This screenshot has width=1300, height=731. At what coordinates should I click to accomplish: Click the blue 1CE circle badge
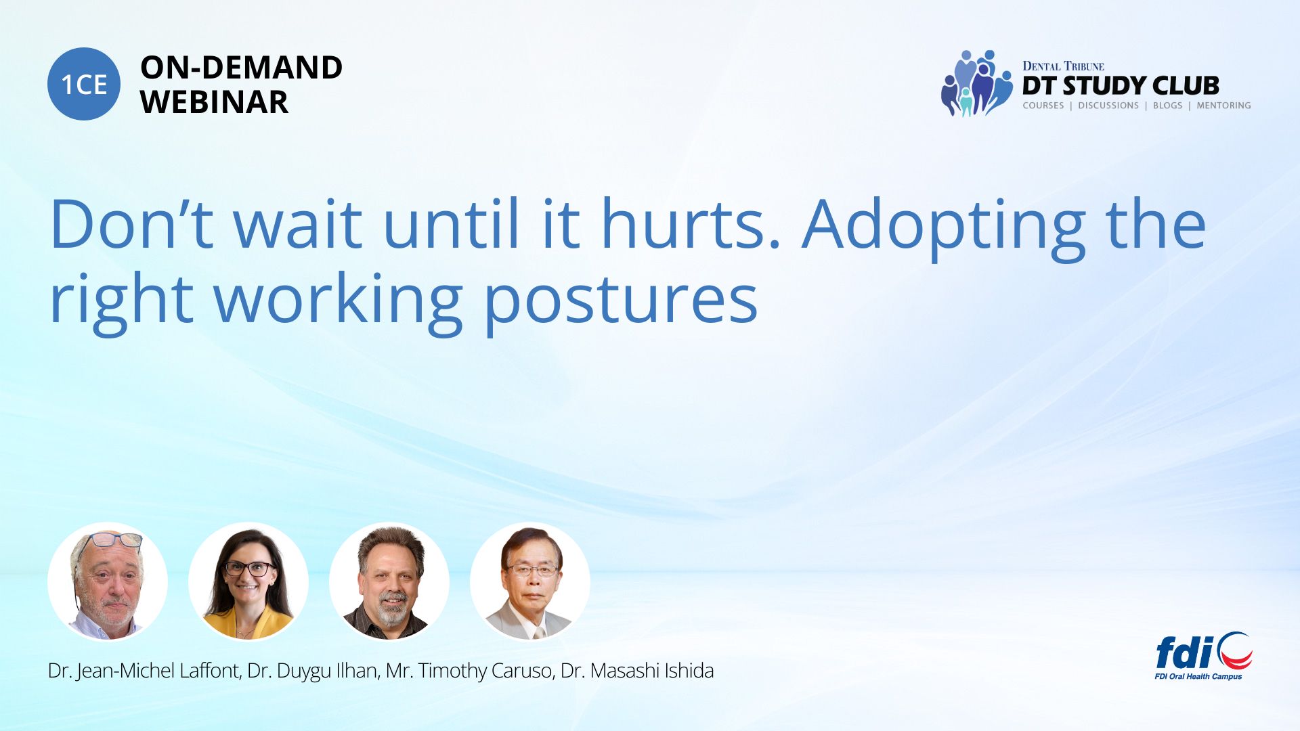pos(84,84)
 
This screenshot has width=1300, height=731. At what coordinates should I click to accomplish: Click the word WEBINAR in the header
pos(214,102)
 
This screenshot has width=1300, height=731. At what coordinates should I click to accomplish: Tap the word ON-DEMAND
pos(241,68)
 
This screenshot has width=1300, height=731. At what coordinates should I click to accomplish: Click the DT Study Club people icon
pos(976,83)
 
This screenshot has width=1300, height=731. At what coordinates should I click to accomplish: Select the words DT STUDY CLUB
pos(1121,86)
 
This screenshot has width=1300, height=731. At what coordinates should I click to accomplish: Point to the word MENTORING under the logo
pos(1223,106)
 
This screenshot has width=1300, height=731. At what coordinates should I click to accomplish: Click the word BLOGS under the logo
pos(1167,106)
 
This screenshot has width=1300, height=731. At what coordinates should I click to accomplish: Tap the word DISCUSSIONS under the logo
pos(1108,106)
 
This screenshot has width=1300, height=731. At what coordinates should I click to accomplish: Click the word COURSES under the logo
pos(1043,106)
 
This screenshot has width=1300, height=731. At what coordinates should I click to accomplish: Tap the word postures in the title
pos(620,302)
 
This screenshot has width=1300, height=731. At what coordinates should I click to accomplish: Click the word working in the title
pos(338,302)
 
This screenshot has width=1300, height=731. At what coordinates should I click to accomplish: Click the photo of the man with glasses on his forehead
pos(108,581)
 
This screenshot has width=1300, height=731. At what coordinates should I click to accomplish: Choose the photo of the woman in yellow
pos(248,581)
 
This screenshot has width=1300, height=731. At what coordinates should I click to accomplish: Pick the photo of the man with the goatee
pos(389,581)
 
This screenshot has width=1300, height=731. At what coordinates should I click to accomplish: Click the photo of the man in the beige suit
pos(530,581)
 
